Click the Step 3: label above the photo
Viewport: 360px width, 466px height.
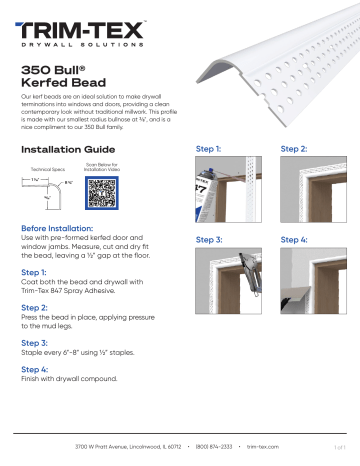(x=210, y=240)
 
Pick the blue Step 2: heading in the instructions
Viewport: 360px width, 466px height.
(x=34, y=307)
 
